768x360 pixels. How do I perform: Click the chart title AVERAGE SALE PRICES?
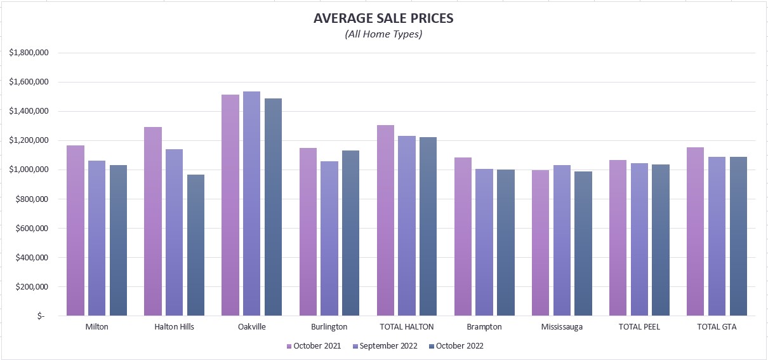[x=383, y=18]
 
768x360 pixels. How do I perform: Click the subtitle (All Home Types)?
[x=383, y=34]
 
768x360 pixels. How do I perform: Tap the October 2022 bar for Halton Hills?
[x=196, y=245]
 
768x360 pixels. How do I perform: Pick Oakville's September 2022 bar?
[x=252, y=203]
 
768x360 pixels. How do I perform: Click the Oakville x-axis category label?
[x=252, y=327]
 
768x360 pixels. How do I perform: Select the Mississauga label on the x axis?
[x=562, y=327]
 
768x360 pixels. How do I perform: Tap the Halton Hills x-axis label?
[x=175, y=327]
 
